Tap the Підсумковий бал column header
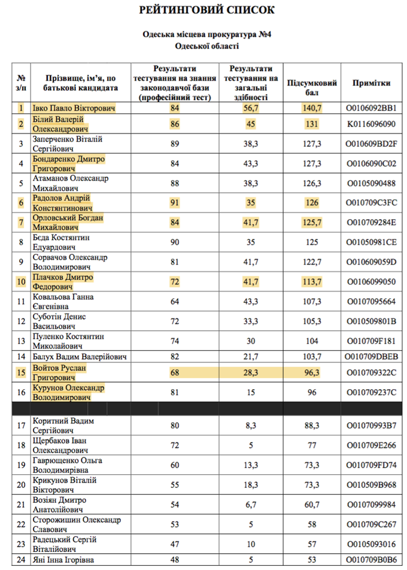312,84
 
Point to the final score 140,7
312,108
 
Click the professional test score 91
175,202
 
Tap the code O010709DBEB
372,357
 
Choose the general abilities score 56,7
251,108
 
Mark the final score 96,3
312,372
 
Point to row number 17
22,426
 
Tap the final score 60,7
312,505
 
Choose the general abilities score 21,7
251,357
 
